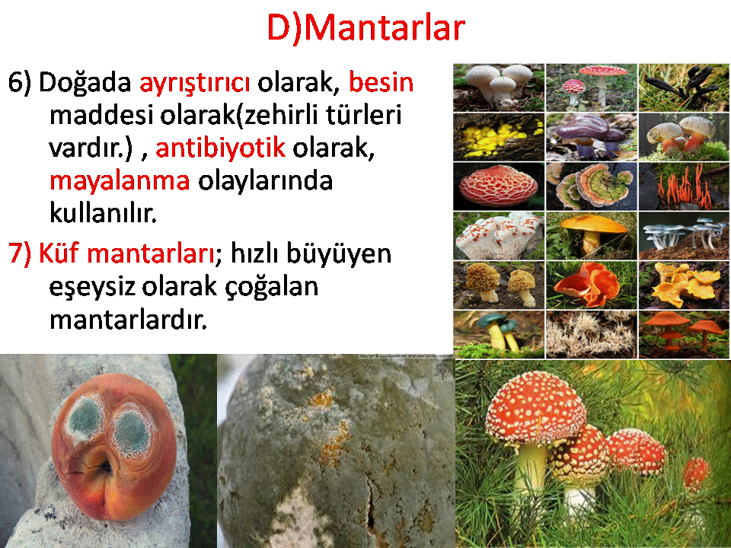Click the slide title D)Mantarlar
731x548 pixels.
coord(366,28)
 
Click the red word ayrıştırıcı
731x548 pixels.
coord(194,83)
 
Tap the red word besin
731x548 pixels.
coord(381,81)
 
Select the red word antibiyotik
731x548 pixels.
coord(220,147)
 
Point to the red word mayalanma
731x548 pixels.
coord(120,181)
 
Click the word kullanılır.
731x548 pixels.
coord(103,212)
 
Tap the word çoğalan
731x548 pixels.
coord(271,287)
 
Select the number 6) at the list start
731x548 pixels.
coord(20,82)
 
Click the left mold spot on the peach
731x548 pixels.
coord(85,416)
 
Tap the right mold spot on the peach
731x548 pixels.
coord(132,429)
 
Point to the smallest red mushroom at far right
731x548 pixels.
coord(696,473)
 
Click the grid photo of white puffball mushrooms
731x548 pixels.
coord(498,88)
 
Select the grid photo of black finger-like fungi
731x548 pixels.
coord(684,88)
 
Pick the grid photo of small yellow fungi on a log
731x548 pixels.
coord(498,137)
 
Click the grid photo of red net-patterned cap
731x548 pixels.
coord(498,186)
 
